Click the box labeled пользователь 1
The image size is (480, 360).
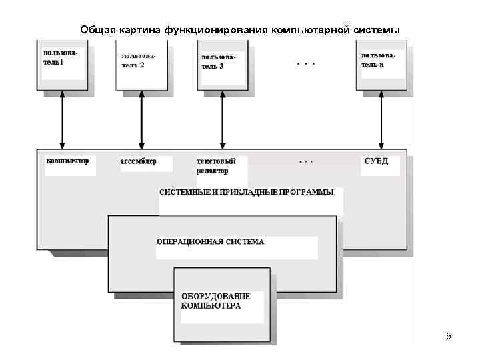[62, 65]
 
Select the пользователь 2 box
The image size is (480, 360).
[142, 65]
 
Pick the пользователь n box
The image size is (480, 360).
[381, 65]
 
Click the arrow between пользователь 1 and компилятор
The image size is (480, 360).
[62, 120]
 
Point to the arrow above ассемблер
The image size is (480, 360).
[142, 120]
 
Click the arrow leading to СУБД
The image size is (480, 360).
[381, 120]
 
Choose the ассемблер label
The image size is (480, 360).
[139, 161]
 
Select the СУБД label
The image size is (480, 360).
[376, 161]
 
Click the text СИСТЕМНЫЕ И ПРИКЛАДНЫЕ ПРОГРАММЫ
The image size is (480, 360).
[247, 192]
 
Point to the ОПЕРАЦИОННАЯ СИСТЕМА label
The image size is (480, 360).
[210, 241]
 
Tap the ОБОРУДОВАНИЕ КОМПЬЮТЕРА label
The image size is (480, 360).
[215, 301]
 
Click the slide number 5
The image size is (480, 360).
[449, 336]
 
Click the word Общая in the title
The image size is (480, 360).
[98, 30]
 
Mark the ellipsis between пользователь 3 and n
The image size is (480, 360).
[305, 64]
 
